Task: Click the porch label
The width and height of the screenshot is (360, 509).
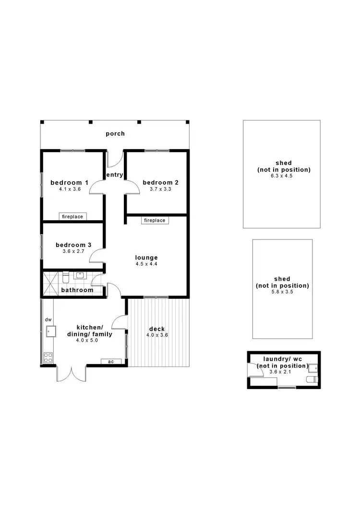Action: [115, 133]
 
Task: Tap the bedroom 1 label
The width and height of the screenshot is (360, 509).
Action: [70, 182]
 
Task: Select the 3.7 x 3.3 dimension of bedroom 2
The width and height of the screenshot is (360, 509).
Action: [160, 189]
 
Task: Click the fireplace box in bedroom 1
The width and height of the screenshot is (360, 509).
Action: [72, 216]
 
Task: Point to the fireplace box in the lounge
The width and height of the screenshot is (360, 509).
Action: [155, 220]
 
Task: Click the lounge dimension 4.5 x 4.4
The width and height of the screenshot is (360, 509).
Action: [146, 264]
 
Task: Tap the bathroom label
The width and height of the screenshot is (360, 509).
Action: [77, 290]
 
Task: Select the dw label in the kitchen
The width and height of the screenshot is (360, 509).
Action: [48, 320]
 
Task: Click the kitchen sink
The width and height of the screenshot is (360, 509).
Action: [50, 331]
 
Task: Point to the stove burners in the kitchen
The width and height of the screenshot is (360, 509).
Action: [48, 356]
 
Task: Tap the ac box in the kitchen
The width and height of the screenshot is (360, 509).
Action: [111, 361]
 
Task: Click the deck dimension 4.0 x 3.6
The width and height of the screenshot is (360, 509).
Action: [157, 335]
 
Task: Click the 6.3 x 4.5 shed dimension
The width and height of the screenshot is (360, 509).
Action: [281, 176]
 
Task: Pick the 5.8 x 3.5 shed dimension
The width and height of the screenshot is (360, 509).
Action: [282, 292]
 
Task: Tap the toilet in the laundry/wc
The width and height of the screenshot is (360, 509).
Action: [312, 379]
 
